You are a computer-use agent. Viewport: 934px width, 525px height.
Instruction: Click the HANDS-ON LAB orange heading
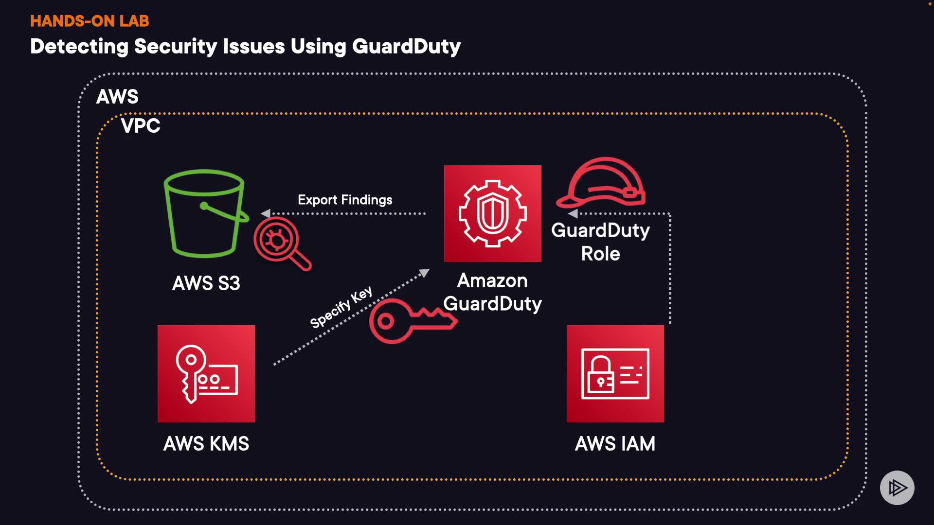pos(90,21)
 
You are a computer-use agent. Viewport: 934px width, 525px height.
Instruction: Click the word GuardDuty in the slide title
pos(406,47)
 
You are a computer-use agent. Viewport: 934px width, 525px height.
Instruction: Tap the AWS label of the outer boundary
pos(117,97)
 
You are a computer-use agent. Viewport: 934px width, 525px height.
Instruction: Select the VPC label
pos(141,126)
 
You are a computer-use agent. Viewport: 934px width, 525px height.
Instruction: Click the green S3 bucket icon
pos(204,214)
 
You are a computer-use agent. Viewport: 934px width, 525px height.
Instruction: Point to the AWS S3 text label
pos(206,283)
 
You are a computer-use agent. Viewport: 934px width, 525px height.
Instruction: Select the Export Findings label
pos(345,200)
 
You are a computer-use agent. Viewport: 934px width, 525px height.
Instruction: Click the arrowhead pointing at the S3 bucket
pos(266,213)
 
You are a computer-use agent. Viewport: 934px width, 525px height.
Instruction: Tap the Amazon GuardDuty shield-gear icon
pos(492,213)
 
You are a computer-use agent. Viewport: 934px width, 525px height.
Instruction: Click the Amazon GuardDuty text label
pos(492,292)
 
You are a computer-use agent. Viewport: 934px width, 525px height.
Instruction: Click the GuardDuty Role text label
pos(600,242)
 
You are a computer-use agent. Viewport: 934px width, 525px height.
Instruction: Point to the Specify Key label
pos(341,307)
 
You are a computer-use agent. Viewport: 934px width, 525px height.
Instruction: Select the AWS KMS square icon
pos(206,373)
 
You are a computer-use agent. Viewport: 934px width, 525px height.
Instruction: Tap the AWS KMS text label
pos(206,444)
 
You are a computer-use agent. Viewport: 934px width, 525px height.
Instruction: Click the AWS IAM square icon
pos(615,373)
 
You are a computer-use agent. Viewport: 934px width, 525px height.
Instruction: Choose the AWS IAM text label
pos(615,444)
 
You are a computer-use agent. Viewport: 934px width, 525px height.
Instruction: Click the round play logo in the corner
pos(897,488)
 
